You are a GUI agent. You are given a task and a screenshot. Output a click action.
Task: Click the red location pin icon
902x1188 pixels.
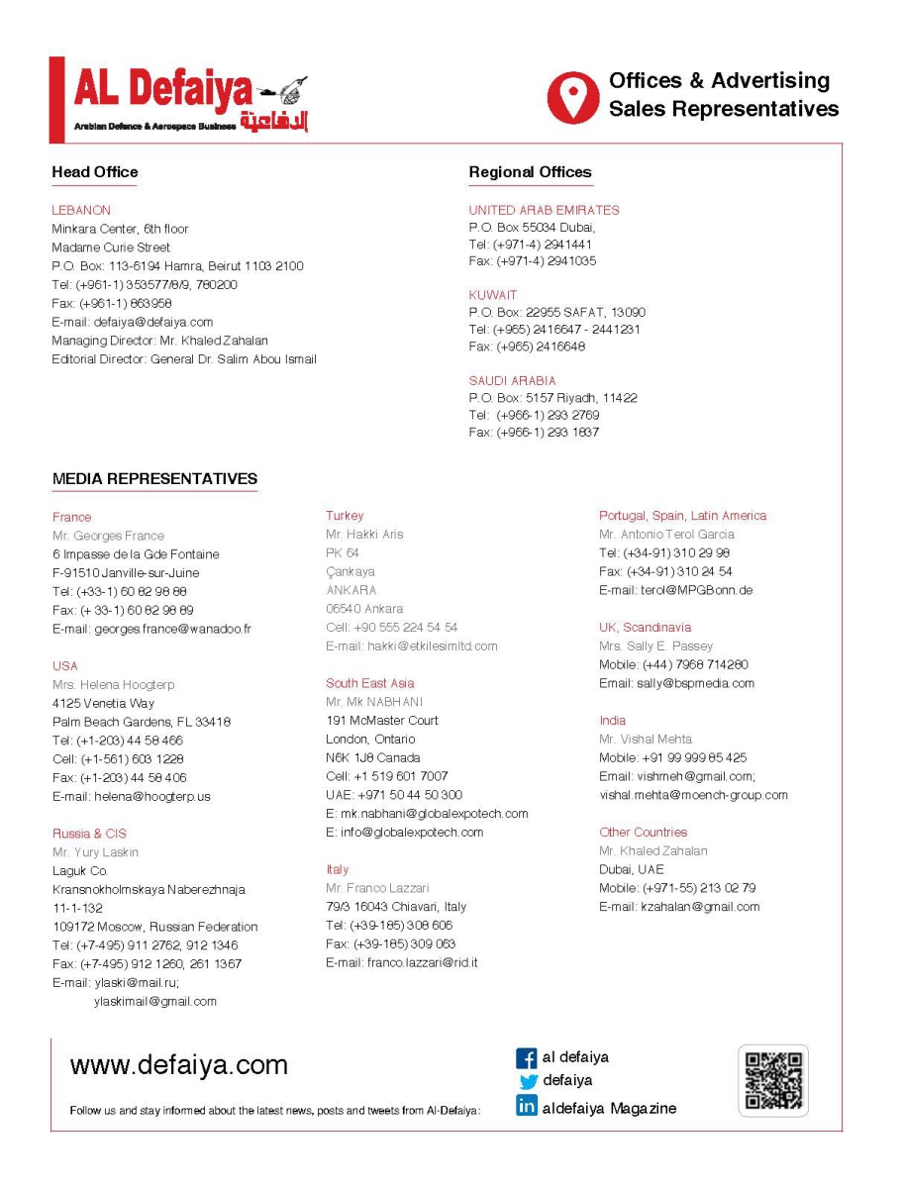(x=573, y=96)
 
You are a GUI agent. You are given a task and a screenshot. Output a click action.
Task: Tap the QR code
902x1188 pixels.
(x=773, y=1080)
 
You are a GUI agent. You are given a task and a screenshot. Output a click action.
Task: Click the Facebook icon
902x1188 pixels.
(x=527, y=1058)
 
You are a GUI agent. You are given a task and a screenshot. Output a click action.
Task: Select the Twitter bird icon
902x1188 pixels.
(x=528, y=1082)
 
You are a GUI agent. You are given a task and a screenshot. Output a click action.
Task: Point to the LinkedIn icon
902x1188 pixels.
(x=527, y=1107)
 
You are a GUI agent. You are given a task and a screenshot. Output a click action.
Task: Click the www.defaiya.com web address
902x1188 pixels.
(x=179, y=1065)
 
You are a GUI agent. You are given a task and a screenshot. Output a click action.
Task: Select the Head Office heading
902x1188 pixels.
(x=95, y=172)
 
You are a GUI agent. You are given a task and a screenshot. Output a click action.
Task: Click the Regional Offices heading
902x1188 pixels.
(x=530, y=172)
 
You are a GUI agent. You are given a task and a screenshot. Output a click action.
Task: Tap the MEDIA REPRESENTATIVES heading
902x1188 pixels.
(x=154, y=479)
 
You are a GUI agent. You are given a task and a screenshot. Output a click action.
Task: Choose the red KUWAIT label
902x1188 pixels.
(x=493, y=295)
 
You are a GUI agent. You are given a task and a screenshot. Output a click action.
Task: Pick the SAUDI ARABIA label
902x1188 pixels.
(x=512, y=380)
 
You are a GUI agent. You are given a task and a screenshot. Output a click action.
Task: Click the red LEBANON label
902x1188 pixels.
(x=81, y=210)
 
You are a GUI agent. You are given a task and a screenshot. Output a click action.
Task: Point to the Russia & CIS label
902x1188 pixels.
(x=89, y=834)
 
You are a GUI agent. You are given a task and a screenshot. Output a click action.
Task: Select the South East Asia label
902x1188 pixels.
(x=370, y=683)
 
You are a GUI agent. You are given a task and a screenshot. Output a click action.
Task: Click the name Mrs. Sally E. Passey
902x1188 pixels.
(x=655, y=646)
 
